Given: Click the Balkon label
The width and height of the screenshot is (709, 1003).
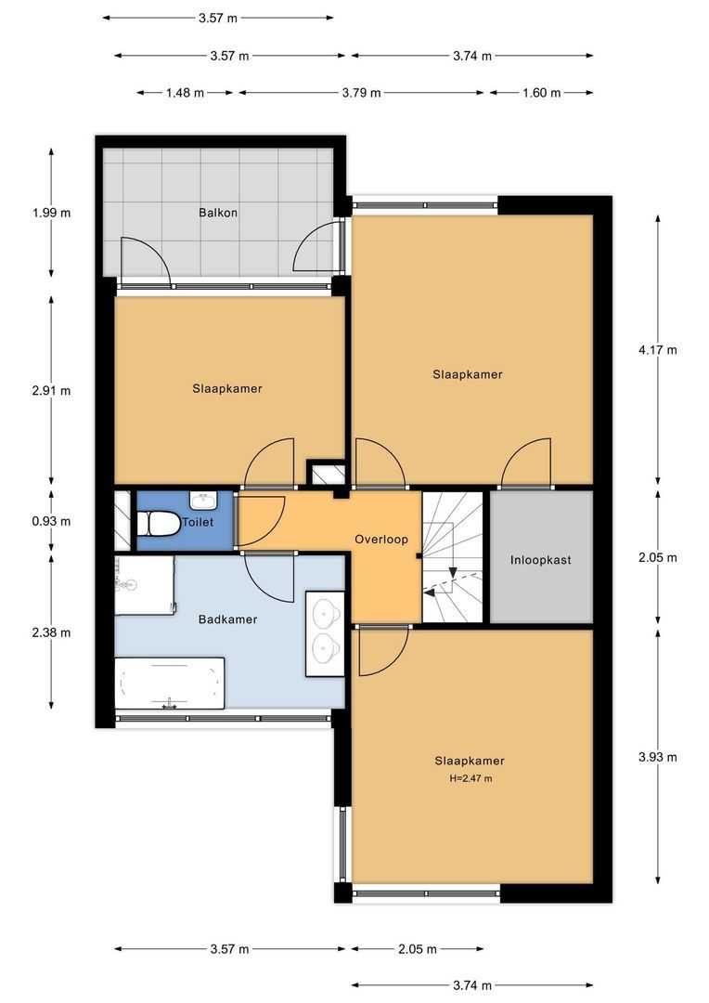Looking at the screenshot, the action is tap(218, 213).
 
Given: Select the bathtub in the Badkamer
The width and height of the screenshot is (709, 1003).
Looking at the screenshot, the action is tap(170, 684).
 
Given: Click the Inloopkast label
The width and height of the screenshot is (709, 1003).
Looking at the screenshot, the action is tap(540, 560).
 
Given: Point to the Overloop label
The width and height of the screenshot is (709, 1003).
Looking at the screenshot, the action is tap(381, 540).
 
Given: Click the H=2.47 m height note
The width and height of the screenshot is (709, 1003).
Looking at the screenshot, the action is tap(471, 778).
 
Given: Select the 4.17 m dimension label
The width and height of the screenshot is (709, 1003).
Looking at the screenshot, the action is tap(657, 350).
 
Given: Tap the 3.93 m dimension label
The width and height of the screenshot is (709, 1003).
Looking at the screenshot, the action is tap(657, 758).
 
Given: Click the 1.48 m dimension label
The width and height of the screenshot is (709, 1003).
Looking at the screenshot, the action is tap(185, 93).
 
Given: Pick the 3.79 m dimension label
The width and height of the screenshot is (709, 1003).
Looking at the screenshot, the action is tap(361, 93).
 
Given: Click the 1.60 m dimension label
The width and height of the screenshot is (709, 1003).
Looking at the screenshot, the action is tap(542, 93).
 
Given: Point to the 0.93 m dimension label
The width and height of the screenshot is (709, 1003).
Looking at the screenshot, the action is tap(51, 521).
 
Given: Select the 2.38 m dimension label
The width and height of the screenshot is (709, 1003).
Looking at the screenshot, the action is tap(51, 632).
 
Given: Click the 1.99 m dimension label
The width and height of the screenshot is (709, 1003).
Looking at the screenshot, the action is tap(51, 213).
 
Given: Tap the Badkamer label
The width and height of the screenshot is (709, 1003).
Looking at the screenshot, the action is tap(227, 619).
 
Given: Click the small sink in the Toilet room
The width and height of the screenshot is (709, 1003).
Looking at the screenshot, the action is tap(204, 499).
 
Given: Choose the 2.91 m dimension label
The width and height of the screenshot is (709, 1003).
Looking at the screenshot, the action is tap(51, 390).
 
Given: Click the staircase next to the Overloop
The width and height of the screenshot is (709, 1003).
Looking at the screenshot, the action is tap(453, 556).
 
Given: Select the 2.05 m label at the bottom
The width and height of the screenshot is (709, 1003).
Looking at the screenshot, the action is tap(418, 948).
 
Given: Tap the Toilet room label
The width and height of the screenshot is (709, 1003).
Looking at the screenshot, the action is tap(199, 522).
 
